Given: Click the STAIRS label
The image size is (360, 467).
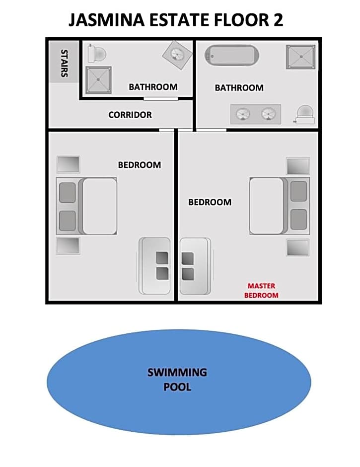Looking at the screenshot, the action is point(65,64).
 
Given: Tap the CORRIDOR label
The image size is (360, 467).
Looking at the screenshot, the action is point(130,115).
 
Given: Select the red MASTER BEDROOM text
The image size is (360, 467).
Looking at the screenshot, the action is point(261,291).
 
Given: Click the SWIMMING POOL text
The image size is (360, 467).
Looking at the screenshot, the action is point(177,380).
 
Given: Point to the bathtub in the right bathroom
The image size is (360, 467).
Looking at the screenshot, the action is point(231,56).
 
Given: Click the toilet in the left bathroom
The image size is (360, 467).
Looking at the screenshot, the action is point(97,54).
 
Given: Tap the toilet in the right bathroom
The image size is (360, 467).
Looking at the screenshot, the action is point(304,115).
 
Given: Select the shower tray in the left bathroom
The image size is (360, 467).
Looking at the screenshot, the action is point(98,80).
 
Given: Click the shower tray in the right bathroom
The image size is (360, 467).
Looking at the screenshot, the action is point(301,57).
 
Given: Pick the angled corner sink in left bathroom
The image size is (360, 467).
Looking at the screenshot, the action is point(177,55).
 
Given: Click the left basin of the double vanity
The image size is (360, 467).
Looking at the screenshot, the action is point(243,114).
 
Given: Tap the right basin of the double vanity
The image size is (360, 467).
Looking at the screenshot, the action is point(269,114).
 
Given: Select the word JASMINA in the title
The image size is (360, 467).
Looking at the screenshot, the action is point(107,20).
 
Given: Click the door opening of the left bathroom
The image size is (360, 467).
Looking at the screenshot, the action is point(161,98).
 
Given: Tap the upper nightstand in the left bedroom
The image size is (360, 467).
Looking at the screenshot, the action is point(68,164).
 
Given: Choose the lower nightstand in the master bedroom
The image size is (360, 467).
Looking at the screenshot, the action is point(298,247).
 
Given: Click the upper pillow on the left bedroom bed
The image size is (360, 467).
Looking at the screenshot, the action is point(68,193).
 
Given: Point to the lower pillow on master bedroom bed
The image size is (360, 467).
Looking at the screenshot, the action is point(298,220).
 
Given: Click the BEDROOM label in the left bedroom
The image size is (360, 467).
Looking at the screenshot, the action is point(140,165).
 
